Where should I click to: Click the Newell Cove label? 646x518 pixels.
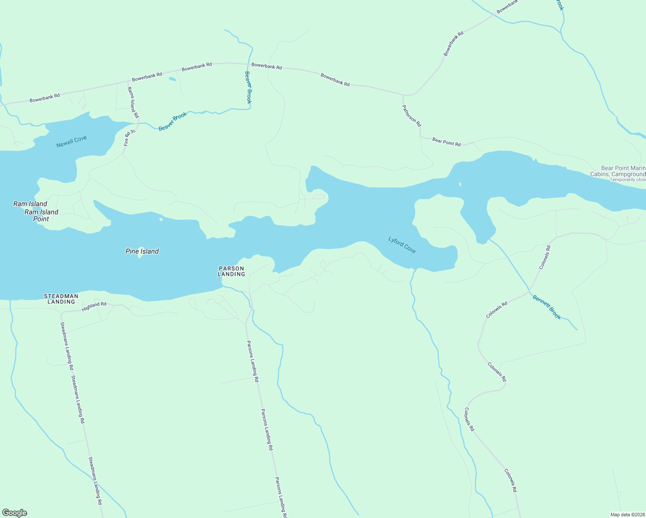pyautogui.click(x=72, y=142)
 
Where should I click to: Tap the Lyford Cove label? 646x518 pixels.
pyautogui.click(x=402, y=245)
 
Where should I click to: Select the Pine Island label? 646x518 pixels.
pyautogui.click(x=142, y=251)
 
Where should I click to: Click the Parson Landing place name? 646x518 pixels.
pyautogui.click(x=231, y=271)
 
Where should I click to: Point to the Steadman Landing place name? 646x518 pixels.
pyautogui.click(x=61, y=299)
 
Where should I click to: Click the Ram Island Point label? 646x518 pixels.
pyautogui.click(x=41, y=215)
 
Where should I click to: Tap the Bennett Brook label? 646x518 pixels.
pyautogui.click(x=546, y=307)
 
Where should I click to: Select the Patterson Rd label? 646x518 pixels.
pyautogui.click(x=412, y=115)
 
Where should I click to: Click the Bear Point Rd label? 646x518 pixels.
pyautogui.click(x=446, y=142)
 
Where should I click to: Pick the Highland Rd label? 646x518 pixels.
pyautogui.click(x=94, y=306)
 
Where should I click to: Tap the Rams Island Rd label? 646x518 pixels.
pyautogui.click(x=133, y=102)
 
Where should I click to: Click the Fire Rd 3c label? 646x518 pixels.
pyautogui.click(x=130, y=137)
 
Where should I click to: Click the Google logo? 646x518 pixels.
pyautogui.click(x=14, y=513)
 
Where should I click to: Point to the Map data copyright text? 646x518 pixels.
pyautogui.click(x=627, y=515)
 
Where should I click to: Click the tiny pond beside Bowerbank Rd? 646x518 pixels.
pyautogui.click(x=172, y=79)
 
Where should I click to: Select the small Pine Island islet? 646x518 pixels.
pyautogui.click(x=140, y=256)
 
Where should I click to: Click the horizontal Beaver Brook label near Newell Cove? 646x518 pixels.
pyautogui.click(x=173, y=122)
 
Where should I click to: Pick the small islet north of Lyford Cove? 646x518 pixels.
pyautogui.click(x=460, y=184)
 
